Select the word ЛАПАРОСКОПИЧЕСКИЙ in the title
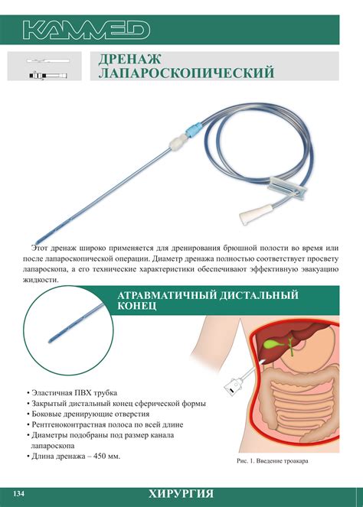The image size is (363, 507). [187, 73]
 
